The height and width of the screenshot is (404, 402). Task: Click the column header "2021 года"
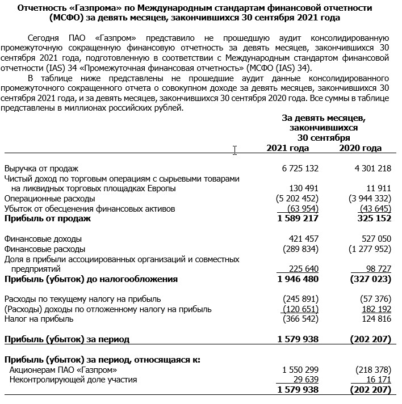(x=288, y=148)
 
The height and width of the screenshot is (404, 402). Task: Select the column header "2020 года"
(x=360, y=148)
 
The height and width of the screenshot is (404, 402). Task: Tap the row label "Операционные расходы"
(x=49, y=199)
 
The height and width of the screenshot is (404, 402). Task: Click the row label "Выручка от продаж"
(x=41, y=169)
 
